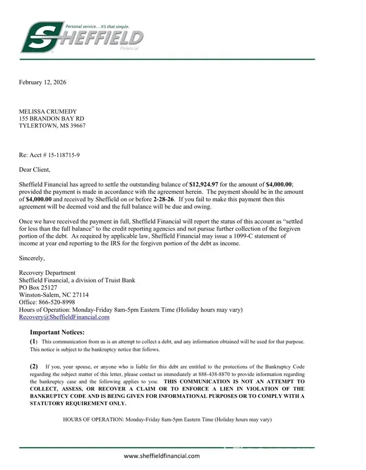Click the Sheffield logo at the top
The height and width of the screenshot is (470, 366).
pyautogui.click(x=82, y=37)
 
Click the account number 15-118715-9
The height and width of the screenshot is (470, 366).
pyautogui.click(x=60, y=155)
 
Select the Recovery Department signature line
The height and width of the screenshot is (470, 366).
pyautogui.click(x=47, y=273)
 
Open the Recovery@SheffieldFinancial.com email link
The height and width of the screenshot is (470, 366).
pyautogui.click(x=64, y=317)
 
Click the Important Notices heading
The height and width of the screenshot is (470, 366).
pyautogui.click(x=57, y=332)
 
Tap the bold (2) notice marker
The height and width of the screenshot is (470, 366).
pyautogui.click(x=34, y=367)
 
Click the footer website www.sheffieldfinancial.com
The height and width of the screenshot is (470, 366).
pyautogui.click(x=162, y=456)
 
